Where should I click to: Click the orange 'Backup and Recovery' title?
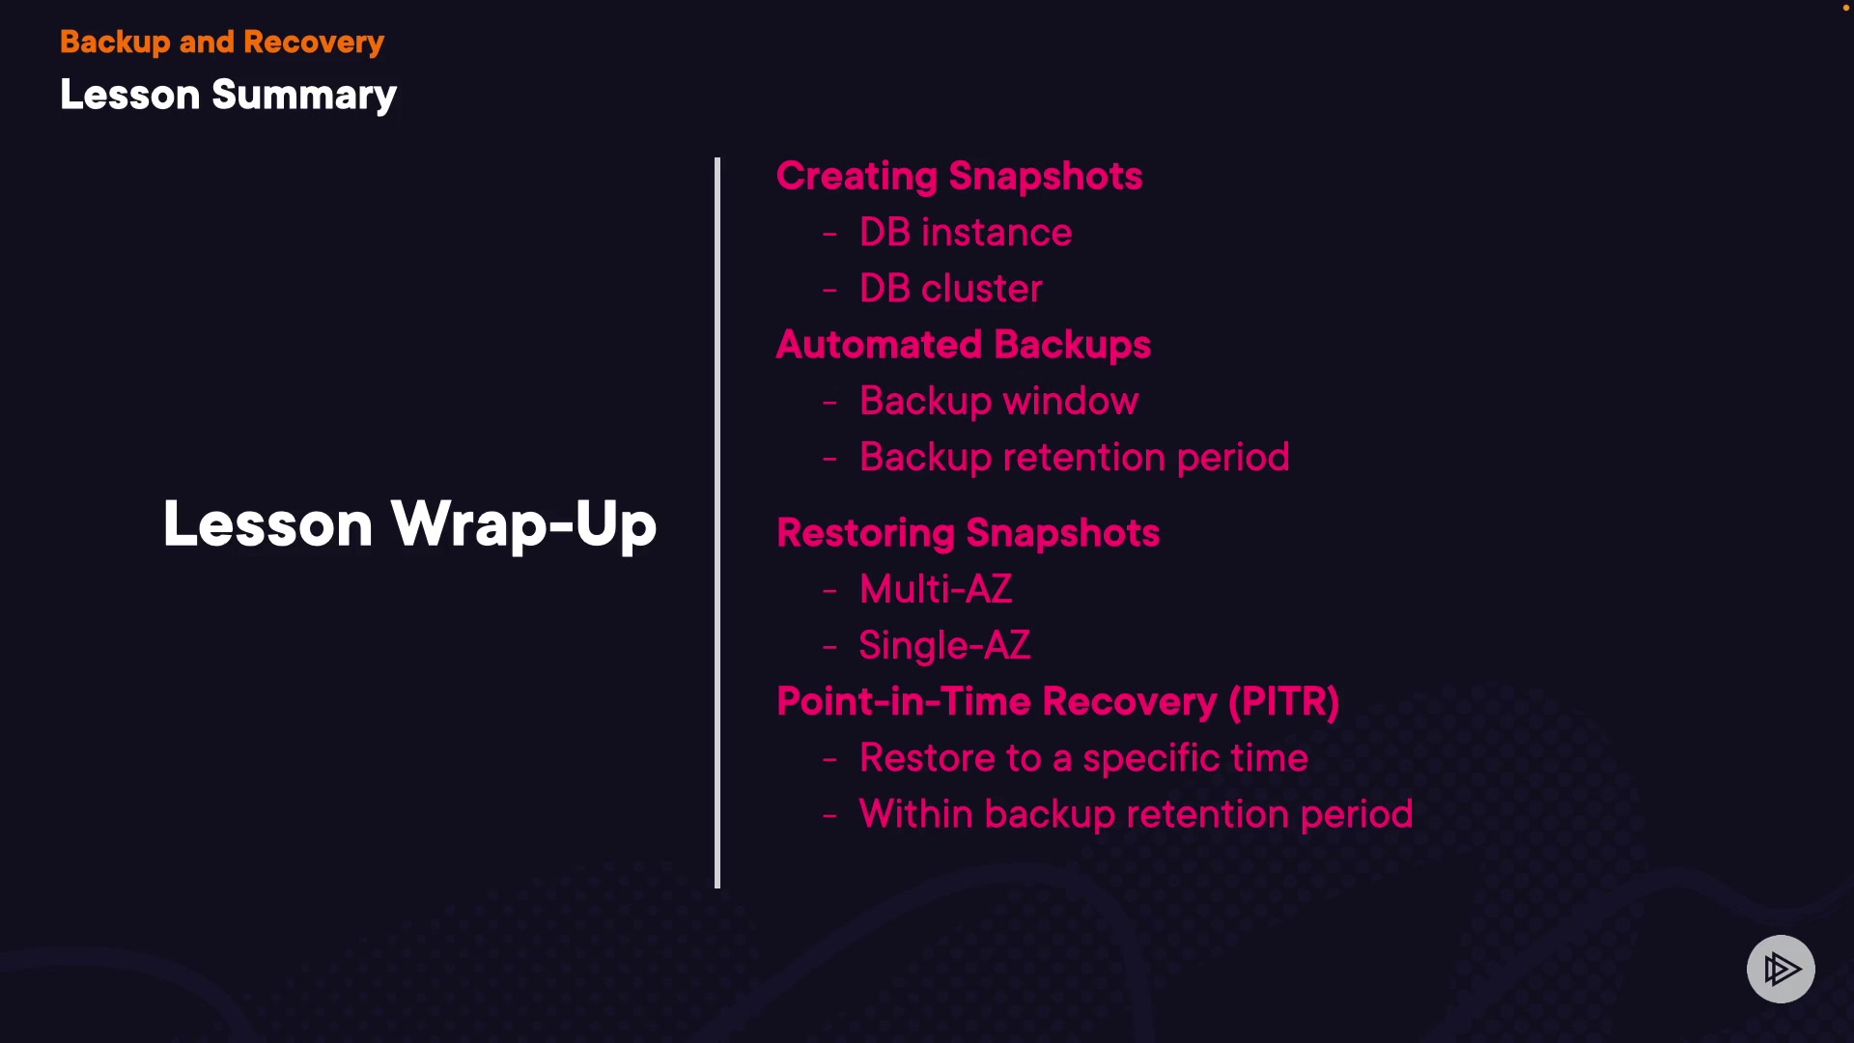tap(222, 42)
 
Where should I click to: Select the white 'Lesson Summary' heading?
tap(228, 96)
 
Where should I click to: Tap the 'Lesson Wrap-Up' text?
tap(409, 524)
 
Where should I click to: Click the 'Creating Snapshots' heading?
tap(959, 177)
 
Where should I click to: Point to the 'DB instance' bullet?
tap(966, 233)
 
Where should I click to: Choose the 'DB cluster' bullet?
tap(951, 289)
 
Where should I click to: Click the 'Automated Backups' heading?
tap(964, 346)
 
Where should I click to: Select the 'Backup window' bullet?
tap(999, 402)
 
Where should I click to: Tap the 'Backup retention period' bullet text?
tap(1075, 458)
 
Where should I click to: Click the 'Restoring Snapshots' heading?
tap(968, 534)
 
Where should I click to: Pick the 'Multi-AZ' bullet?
tap(936, 589)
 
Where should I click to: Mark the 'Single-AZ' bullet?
tap(944, 646)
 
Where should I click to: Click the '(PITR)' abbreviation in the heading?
tap(1283, 702)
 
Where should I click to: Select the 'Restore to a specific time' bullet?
tap(1083, 759)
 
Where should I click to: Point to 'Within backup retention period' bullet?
tap(1136, 815)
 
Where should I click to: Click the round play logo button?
tap(1781, 969)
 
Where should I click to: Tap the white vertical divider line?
tap(717, 522)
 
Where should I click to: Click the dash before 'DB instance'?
tap(829, 235)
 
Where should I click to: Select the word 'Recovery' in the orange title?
tap(314, 42)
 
